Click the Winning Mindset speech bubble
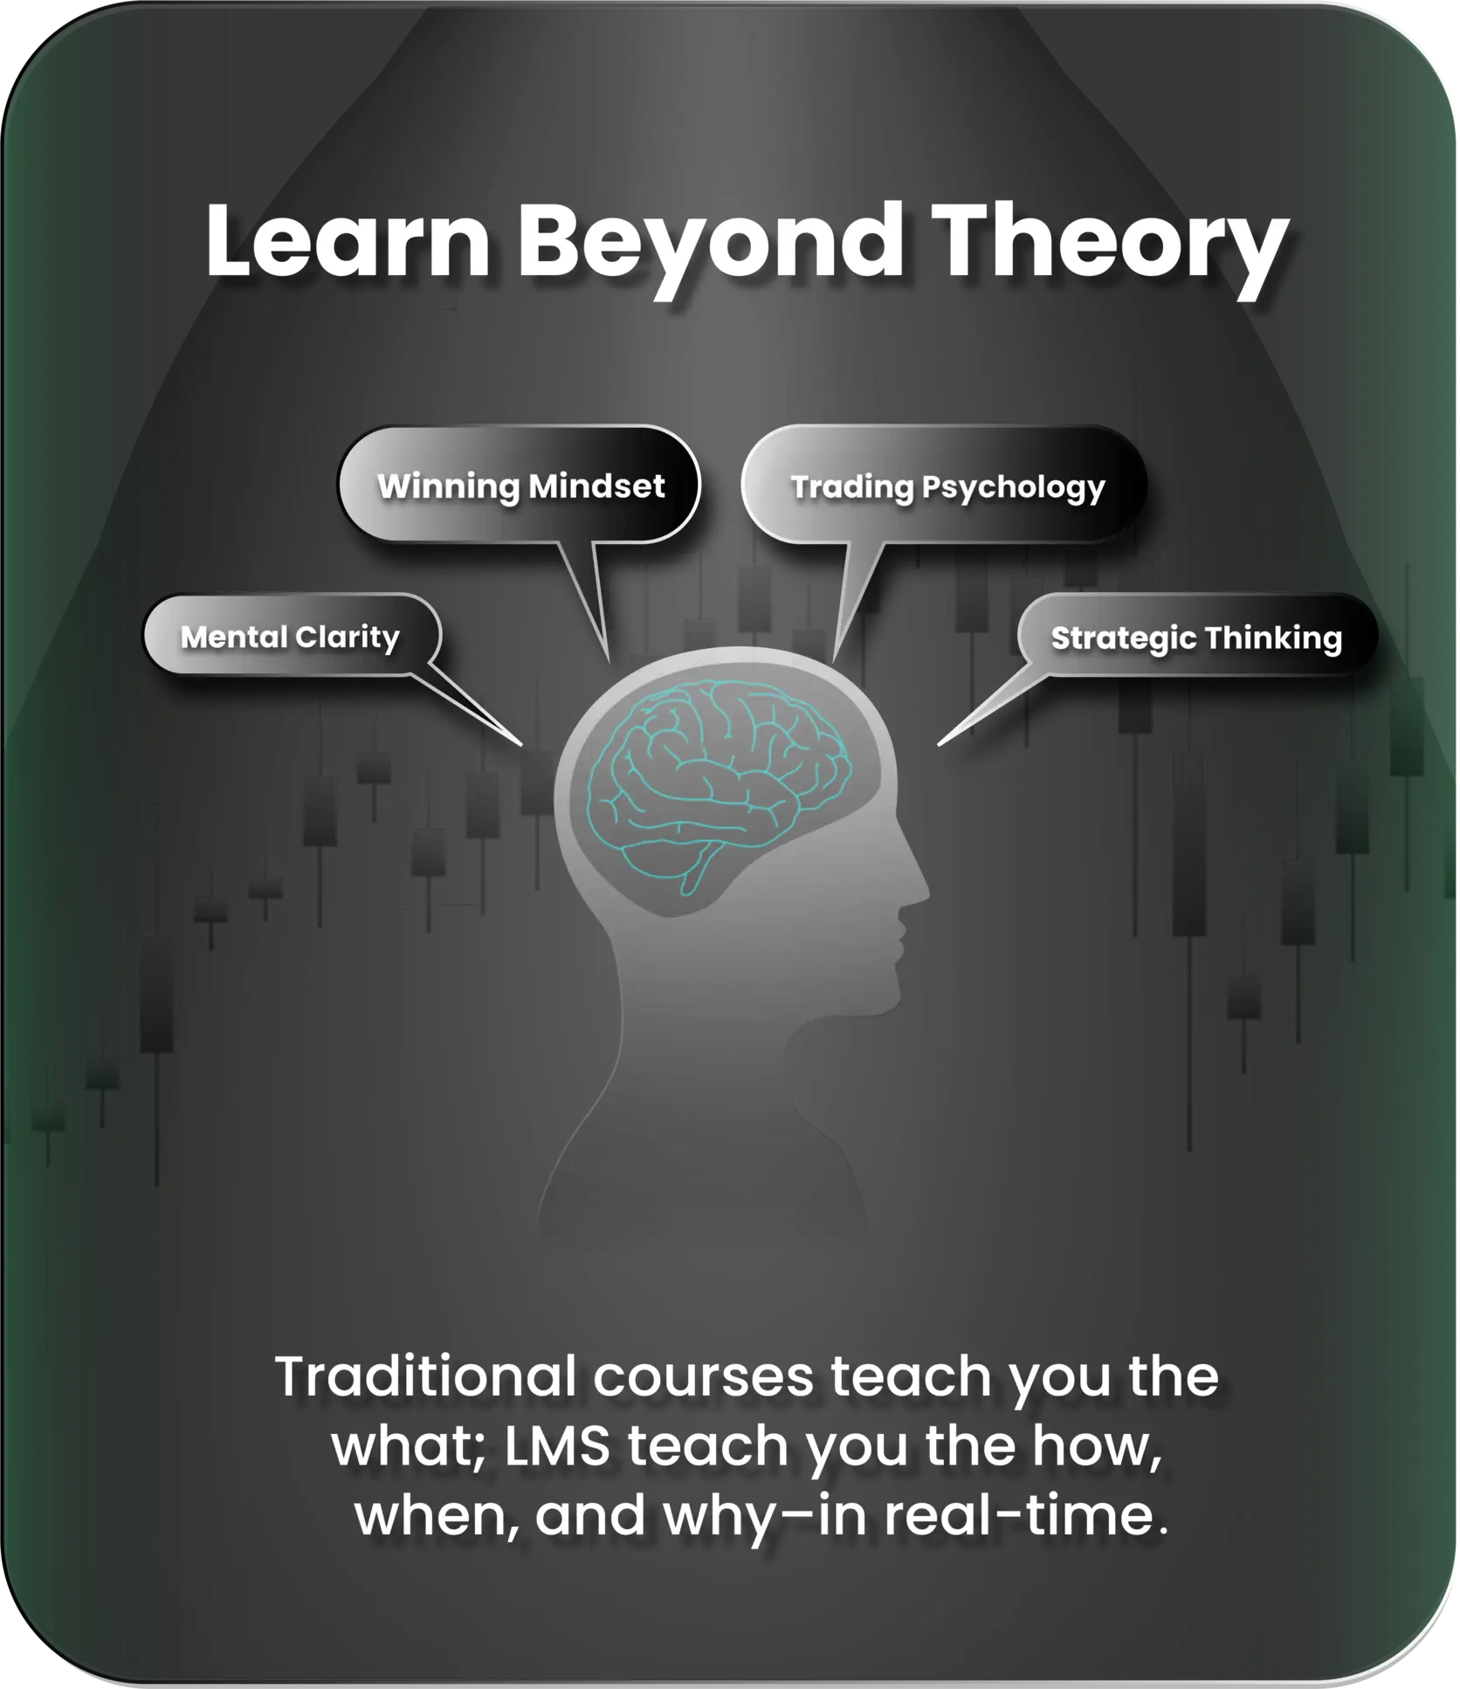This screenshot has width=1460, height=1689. click(520, 485)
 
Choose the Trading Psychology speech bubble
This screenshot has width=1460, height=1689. click(943, 485)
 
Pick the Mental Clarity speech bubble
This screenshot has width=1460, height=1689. click(292, 635)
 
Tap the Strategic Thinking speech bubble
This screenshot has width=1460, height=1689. click(1196, 637)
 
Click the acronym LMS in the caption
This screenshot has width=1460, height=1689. click(557, 1446)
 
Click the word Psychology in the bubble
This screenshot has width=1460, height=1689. click(1014, 488)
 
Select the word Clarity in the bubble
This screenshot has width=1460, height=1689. click(348, 638)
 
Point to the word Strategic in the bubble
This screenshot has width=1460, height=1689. click(1124, 639)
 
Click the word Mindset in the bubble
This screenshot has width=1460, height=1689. click(597, 486)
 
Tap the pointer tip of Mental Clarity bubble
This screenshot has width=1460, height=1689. click(522, 745)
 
